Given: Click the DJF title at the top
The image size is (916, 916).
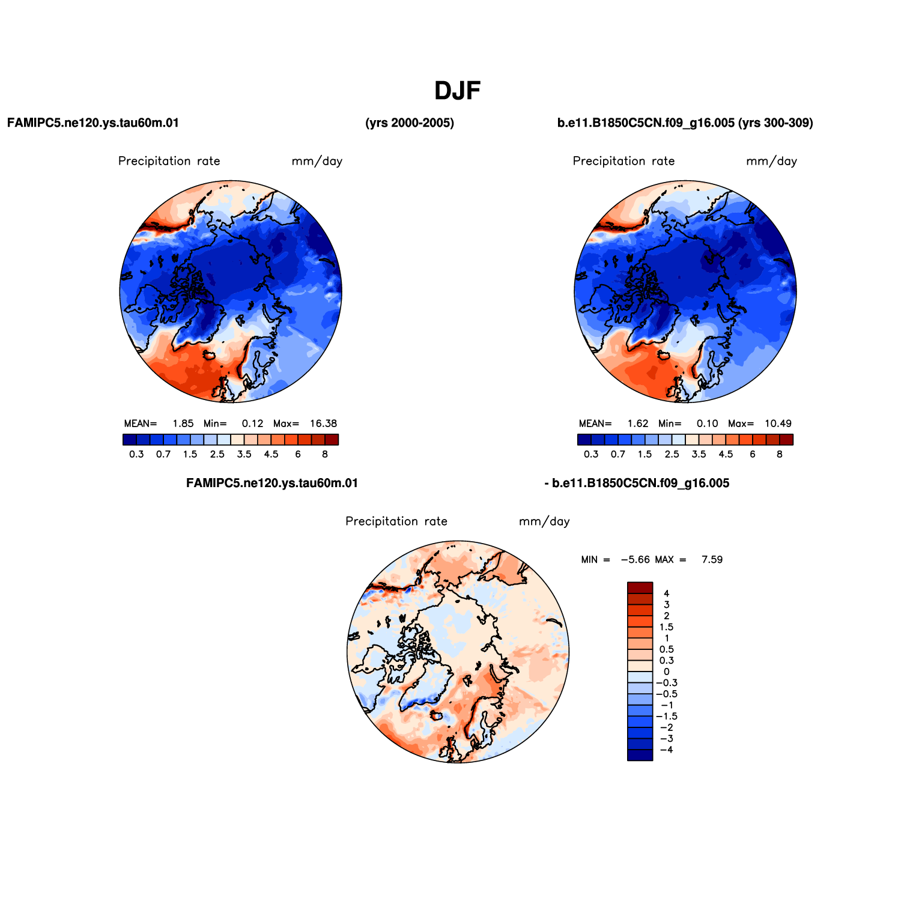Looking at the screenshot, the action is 458,91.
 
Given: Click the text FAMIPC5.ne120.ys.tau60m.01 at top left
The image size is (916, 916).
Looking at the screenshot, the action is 93,123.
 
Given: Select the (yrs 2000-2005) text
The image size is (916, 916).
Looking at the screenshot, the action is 410,123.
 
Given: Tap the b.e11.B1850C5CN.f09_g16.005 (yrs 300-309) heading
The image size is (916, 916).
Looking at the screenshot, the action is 685,123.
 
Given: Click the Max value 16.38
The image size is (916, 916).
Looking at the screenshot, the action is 324,423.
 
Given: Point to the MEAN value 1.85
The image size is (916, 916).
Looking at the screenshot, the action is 183,423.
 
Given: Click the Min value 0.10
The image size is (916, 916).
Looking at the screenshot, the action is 708,423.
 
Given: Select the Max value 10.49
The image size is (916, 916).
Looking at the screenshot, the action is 778,423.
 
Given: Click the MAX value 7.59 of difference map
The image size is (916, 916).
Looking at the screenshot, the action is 712,560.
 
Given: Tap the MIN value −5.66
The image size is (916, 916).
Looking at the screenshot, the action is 635,560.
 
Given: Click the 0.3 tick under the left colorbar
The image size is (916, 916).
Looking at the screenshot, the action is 136,454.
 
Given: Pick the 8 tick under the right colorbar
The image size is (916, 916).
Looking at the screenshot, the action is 780,454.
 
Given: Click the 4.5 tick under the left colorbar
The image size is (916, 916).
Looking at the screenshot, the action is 271,454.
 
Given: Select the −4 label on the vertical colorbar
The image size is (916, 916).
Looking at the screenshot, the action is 666,750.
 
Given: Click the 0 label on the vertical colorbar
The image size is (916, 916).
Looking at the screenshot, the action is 666,672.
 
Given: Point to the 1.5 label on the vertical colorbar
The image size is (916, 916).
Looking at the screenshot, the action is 666,627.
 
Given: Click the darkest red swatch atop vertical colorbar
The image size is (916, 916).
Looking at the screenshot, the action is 640,588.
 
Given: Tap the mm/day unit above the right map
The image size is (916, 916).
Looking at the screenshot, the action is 772,161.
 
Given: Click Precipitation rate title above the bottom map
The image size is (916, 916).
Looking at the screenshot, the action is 396,521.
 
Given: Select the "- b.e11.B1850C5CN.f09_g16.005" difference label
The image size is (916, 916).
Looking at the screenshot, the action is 637,484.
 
